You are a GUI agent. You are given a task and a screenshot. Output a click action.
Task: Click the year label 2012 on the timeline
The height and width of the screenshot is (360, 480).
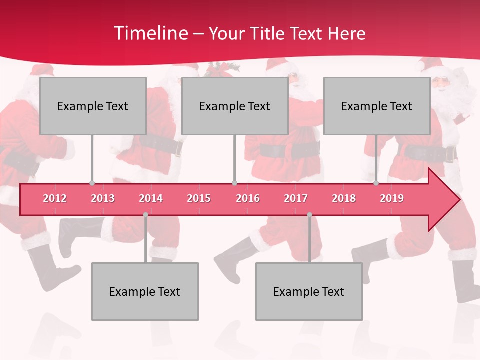pos(55,198)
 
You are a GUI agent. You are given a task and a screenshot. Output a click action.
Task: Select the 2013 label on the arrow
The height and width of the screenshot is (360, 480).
pos(103,198)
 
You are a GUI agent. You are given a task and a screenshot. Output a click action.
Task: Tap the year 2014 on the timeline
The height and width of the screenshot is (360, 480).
pos(151,198)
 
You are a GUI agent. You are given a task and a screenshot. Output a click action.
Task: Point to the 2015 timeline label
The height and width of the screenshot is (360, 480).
pos(199,198)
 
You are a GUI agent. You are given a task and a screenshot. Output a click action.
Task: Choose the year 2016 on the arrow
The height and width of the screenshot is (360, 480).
pos(248,198)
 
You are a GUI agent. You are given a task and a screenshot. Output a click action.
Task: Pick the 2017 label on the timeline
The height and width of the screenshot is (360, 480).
pos(296,198)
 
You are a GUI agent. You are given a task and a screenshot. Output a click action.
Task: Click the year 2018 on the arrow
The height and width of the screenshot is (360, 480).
pos(344,198)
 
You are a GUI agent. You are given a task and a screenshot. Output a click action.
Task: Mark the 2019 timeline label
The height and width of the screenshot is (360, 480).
pos(392,198)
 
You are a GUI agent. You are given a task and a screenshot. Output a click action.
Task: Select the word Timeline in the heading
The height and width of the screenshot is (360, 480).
pos(150,33)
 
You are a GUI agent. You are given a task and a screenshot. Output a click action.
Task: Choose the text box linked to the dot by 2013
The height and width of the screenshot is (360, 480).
pos(93,106)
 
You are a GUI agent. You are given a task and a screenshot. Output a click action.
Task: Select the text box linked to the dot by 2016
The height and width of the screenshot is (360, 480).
pos(235,106)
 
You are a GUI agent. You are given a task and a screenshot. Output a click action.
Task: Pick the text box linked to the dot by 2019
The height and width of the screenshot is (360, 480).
pos(377,106)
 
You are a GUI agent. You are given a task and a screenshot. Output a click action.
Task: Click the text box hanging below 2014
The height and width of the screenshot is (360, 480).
pos(145,291)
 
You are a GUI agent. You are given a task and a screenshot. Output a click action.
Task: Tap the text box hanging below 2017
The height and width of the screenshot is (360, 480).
pos(309,291)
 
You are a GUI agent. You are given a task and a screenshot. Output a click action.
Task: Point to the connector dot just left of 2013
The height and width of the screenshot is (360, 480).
pos(92,183)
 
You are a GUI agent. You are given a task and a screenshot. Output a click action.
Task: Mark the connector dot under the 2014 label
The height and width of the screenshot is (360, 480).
pos(145,215)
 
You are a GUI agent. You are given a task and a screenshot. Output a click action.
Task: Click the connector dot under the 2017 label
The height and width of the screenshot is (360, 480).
pos(309,215)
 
